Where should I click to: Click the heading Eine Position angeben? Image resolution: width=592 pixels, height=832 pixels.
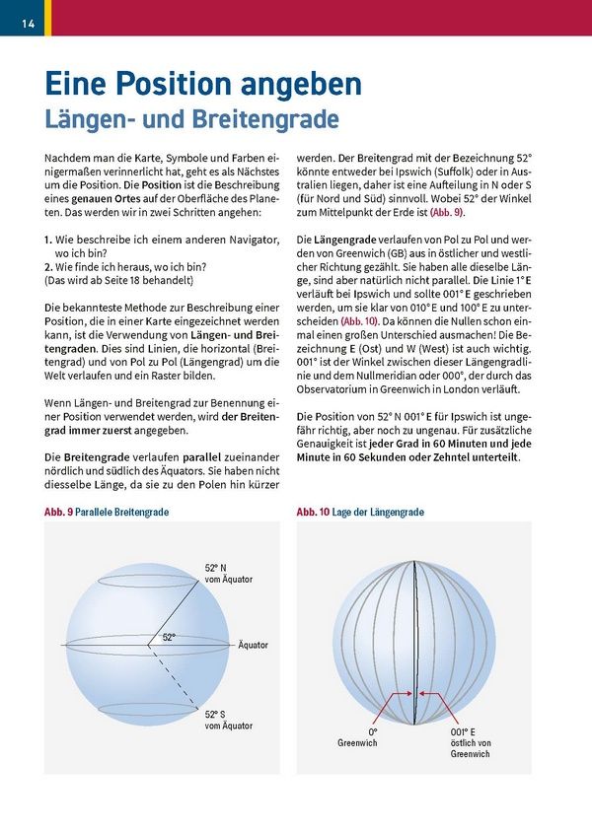pos(202,84)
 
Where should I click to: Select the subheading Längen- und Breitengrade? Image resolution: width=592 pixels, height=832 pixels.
pos(191,119)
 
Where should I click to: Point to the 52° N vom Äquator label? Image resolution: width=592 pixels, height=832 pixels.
pos(228,574)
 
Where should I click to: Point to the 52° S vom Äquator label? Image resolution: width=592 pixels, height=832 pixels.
pos(228,720)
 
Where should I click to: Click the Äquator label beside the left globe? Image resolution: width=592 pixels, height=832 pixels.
pos(253,645)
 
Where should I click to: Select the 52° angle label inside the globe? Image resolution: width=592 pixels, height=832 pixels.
pos(169,638)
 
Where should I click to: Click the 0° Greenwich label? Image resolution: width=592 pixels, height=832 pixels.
pos(372,737)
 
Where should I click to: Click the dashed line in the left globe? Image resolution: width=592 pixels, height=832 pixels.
pos(178,675)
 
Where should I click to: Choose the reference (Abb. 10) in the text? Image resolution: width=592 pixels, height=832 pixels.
pos(359,321)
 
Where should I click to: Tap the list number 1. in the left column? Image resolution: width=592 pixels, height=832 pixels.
pos(48,240)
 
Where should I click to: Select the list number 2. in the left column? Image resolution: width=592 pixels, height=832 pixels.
pos(48,266)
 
